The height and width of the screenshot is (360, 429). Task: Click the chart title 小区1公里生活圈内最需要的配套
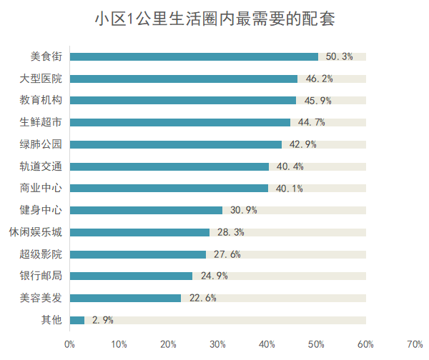214,19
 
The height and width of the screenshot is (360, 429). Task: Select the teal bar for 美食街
194,56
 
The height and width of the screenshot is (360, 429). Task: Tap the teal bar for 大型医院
184,79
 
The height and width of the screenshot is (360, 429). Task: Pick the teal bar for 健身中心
146,210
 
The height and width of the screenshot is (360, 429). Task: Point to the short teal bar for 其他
77,320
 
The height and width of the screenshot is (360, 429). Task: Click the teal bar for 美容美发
126,298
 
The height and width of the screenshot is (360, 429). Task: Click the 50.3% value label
339,56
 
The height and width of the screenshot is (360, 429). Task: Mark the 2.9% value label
102,320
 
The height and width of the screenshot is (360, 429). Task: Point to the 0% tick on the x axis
69,344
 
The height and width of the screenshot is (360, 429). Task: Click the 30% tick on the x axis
217,344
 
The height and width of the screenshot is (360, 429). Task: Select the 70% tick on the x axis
415,344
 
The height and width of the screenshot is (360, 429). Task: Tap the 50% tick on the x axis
316,344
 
